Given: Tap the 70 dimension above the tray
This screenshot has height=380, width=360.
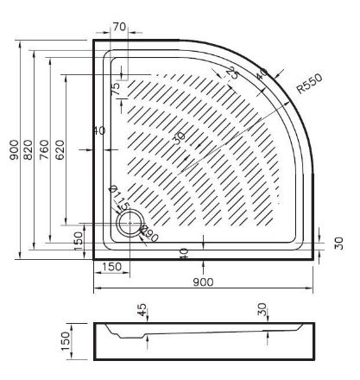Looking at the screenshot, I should (x=118, y=28).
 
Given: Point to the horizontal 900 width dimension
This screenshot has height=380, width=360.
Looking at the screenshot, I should (x=204, y=282).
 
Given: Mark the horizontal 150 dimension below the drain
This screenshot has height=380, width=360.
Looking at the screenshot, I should (x=111, y=268).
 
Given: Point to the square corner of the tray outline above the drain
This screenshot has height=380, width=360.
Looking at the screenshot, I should (x=94, y=40).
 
